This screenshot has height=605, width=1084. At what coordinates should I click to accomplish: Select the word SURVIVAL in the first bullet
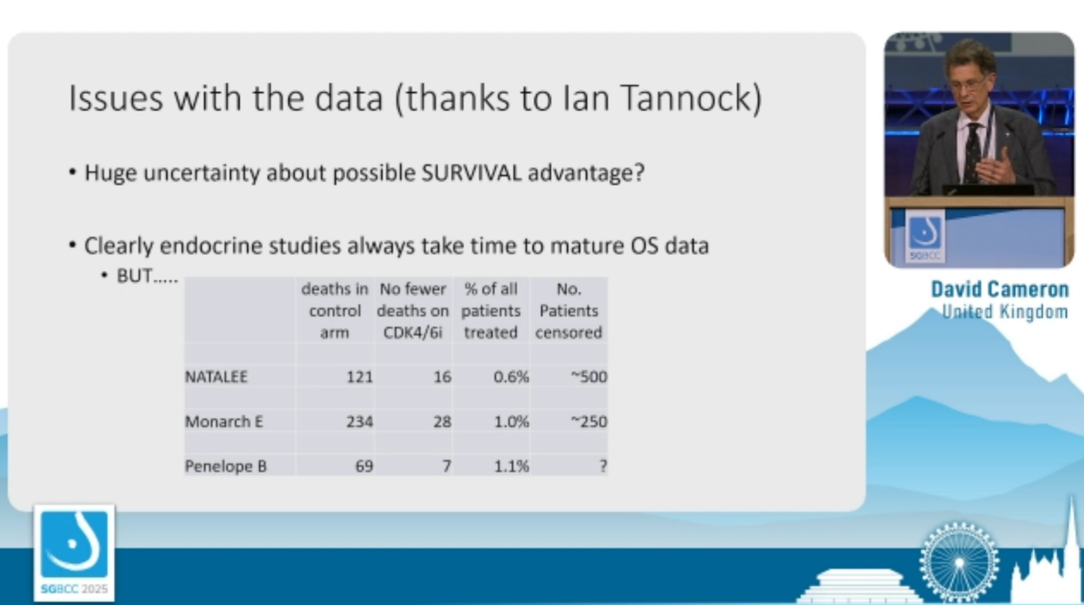471,173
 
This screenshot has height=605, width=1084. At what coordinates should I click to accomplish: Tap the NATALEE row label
216,377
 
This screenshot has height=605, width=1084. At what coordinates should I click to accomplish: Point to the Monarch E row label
224,421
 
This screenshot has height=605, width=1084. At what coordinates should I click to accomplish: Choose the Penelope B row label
226,466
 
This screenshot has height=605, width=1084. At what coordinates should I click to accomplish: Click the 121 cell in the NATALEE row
359,377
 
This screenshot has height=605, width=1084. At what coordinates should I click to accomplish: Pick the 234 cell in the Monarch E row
359,421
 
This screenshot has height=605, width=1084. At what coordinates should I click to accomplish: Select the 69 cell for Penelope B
364,466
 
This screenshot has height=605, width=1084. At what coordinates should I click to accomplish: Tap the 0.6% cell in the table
511,377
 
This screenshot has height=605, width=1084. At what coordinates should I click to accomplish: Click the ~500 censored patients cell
589,377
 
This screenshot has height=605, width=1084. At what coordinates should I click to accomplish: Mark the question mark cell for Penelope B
603,466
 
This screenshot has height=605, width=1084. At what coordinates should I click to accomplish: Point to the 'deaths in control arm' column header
335,311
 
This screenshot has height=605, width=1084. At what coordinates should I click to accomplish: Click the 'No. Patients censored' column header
569,311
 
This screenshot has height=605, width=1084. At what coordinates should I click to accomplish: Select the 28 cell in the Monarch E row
442,421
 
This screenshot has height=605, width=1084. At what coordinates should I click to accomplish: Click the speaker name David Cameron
1000,289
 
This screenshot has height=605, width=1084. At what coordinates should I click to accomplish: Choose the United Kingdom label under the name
1005,312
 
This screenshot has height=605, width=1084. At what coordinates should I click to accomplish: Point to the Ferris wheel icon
959,562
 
